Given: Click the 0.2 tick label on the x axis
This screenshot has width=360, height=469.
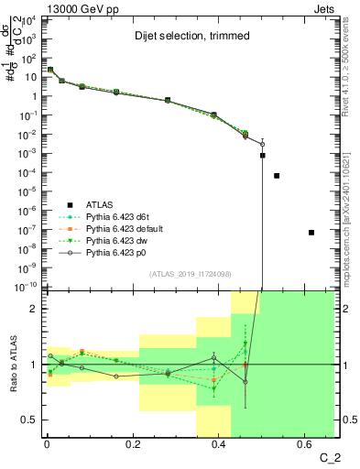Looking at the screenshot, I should click(x=133, y=446).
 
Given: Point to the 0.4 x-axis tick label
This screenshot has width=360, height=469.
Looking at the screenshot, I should click(x=219, y=446).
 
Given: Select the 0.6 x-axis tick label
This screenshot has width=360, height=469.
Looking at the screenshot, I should click(x=305, y=446).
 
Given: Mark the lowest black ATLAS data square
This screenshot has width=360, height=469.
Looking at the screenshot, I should click(x=312, y=232).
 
